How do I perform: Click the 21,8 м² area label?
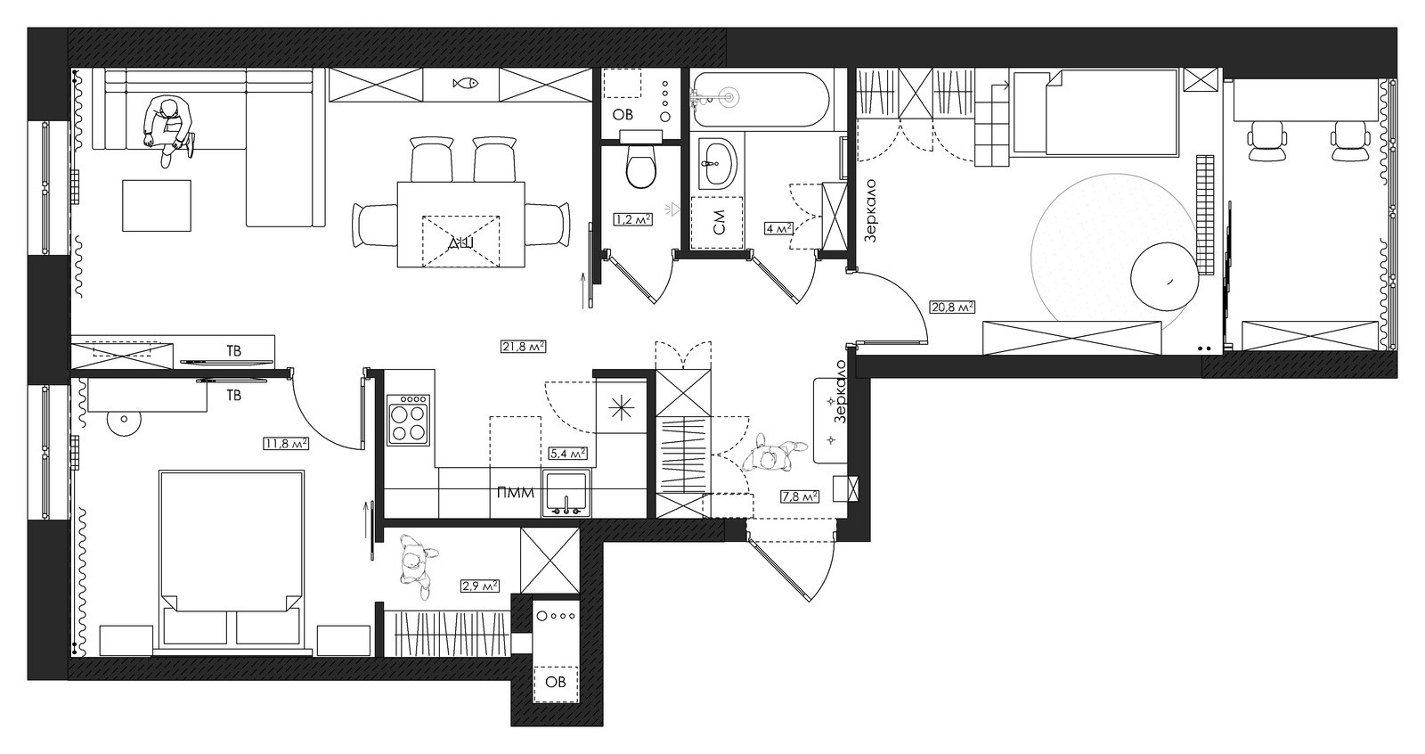tap(524, 347)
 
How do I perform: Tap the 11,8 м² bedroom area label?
tap(286, 443)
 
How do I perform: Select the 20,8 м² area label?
tap(952, 307)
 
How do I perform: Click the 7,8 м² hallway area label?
tap(800, 496)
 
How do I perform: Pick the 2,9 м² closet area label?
tap(480, 586)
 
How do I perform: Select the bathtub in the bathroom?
tap(761, 99)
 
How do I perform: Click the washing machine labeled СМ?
tap(717, 222)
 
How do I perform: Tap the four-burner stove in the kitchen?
tap(409, 420)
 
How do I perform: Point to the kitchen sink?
tap(566, 493)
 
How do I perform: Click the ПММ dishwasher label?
tap(516, 493)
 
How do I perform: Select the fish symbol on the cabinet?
tap(465, 84)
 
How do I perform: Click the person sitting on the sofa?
tap(168, 130)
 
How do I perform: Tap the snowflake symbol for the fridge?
tap(621, 408)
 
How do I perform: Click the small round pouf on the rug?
tap(1163, 277)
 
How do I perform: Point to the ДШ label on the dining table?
tap(460, 243)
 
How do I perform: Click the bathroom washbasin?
tap(718, 162)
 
